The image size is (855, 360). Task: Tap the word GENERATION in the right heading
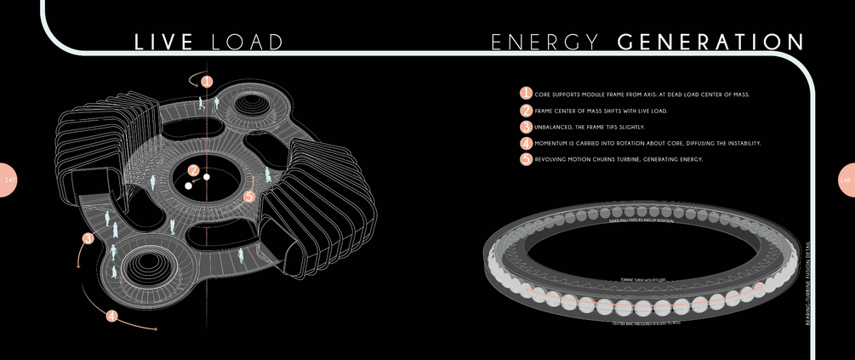pos(710,43)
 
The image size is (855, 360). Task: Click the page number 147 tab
pos(8,180)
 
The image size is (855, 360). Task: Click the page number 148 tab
pos(846,180)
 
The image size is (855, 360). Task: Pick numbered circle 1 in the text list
pos(526,94)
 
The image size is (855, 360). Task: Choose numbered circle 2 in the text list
pos(526,111)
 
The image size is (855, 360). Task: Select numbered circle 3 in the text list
pos(526,127)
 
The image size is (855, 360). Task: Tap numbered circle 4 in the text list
pos(526,143)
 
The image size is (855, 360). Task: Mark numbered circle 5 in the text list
pos(526,159)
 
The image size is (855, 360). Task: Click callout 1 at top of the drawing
pos(207,83)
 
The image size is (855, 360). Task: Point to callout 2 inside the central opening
pos(194,170)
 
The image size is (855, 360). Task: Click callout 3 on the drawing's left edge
pos(88,239)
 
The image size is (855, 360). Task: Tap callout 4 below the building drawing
pos(112,316)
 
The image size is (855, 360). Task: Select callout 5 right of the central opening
pos(248,197)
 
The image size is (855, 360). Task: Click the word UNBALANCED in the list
pos(556,127)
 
